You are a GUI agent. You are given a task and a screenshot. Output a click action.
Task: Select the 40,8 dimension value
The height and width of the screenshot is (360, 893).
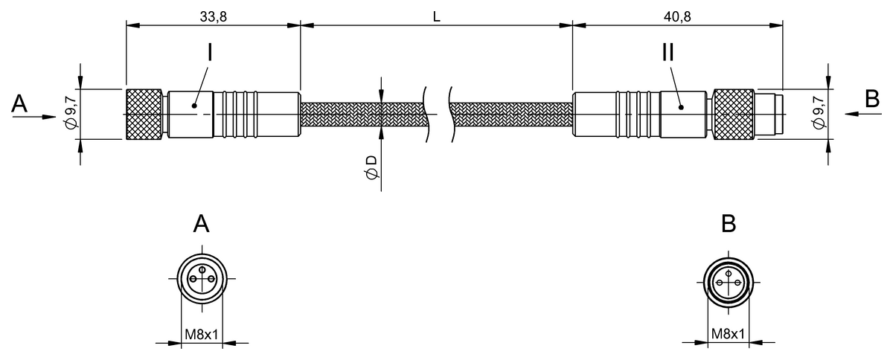pyautogui.click(x=677, y=15)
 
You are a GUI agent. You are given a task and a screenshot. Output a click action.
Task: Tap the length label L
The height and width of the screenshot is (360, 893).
pyautogui.click(x=436, y=15)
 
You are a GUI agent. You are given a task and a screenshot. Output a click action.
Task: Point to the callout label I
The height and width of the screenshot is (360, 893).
pyautogui.click(x=210, y=54)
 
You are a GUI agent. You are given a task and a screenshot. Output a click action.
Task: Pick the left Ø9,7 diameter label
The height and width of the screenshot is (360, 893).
pyautogui.click(x=71, y=114)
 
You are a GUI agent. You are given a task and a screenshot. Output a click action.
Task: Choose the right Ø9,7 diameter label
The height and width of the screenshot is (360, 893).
pyautogui.click(x=819, y=114)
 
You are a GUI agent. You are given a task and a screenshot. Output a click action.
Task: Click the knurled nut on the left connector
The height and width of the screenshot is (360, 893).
pyautogui.click(x=144, y=114)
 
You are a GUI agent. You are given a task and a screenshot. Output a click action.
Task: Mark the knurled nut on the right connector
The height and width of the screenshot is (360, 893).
pyautogui.click(x=733, y=114)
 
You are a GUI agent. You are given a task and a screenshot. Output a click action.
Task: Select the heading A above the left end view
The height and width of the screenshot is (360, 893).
pyautogui.click(x=201, y=223)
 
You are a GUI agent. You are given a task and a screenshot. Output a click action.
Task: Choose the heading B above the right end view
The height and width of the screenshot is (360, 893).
pyautogui.click(x=729, y=223)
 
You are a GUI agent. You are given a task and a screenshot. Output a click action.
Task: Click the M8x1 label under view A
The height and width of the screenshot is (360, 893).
pyautogui.click(x=201, y=335)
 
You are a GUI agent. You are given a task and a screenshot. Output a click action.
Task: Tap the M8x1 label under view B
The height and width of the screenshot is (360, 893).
pyautogui.click(x=729, y=335)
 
